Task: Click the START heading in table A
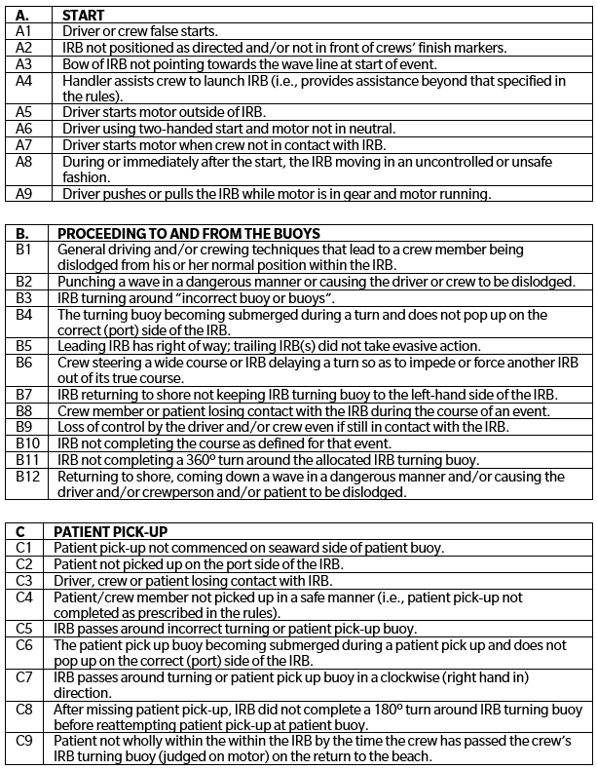point(83,17)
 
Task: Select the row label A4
point(25,81)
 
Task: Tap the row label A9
point(25,194)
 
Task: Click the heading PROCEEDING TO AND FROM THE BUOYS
point(189,234)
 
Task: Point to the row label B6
point(24,363)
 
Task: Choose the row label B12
point(28,477)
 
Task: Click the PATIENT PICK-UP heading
point(110,531)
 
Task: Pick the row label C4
point(25,597)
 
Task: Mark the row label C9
point(25,742)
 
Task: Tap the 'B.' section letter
point(23,234)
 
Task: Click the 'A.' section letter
point(24,17)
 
